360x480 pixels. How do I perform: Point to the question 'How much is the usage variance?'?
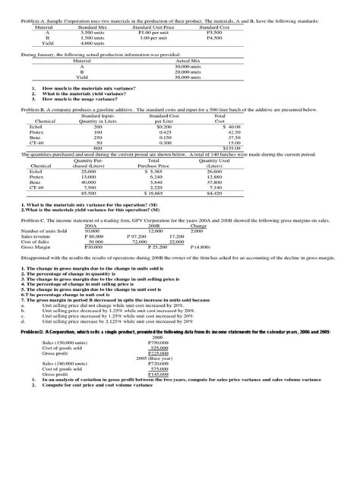tap(78, 99)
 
